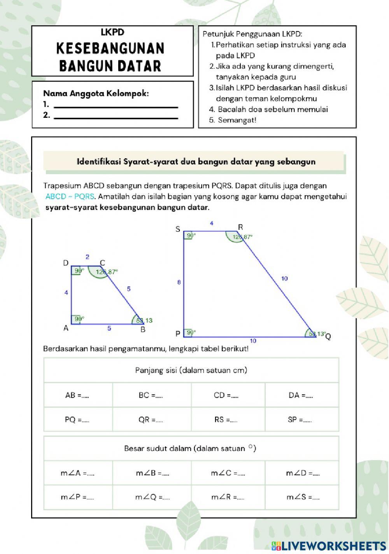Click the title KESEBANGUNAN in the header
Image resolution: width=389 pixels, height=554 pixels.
tap(111, 48)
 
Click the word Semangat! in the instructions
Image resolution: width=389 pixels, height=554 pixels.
tap(237, 120)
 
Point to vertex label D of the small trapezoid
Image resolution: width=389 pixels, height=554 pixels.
tap(66, 263)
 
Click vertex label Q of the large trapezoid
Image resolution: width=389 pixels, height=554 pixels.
tap(328, 337)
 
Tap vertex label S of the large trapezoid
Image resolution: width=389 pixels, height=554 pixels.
tap(178, 229)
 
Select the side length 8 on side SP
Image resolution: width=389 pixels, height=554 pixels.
tap(179, 282)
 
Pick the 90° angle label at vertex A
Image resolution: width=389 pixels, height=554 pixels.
tap(79, 318)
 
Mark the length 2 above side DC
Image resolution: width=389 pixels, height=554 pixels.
tap(88, 257)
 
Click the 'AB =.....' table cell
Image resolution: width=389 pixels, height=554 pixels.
tap(78, 395)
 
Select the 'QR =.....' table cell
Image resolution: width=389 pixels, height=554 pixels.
tap(151, 420)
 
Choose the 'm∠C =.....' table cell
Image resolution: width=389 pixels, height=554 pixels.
tap(228, 473)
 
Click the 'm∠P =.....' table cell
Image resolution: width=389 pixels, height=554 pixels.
tap(78, 497)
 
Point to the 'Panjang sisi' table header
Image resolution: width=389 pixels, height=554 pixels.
tap(191, 370)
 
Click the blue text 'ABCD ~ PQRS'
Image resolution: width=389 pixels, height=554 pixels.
tap(70, 197)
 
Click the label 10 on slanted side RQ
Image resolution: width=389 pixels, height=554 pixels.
tap(284, 278)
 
